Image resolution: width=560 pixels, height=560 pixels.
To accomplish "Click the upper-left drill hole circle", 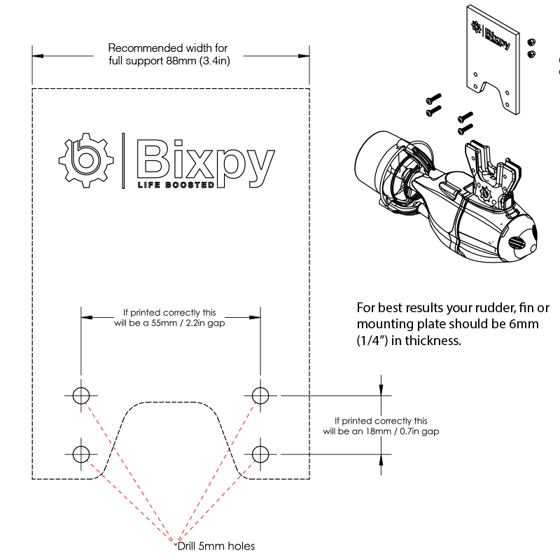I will pyautogui.click(x=81, y=395).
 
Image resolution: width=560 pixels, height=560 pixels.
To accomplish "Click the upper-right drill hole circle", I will pyautogui.click(x=260, y=395).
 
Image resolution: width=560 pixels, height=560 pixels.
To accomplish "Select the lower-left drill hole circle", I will pyautogui.click(x=81, y=453).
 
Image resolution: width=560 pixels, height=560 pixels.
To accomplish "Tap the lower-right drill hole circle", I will pyautogui.click(x=260, y=453).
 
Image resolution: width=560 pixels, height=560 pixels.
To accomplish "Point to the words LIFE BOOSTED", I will pyautogui.click(x=176, y=185).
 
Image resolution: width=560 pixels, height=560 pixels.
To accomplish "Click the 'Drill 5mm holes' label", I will pyautogui.click(x=216, y=546).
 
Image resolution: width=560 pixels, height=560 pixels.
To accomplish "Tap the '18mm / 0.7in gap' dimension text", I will pyautogui.click(x=381, y=431).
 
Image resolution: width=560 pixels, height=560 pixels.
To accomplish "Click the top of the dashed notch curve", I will pyautogui.click(x=172, y=402).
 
